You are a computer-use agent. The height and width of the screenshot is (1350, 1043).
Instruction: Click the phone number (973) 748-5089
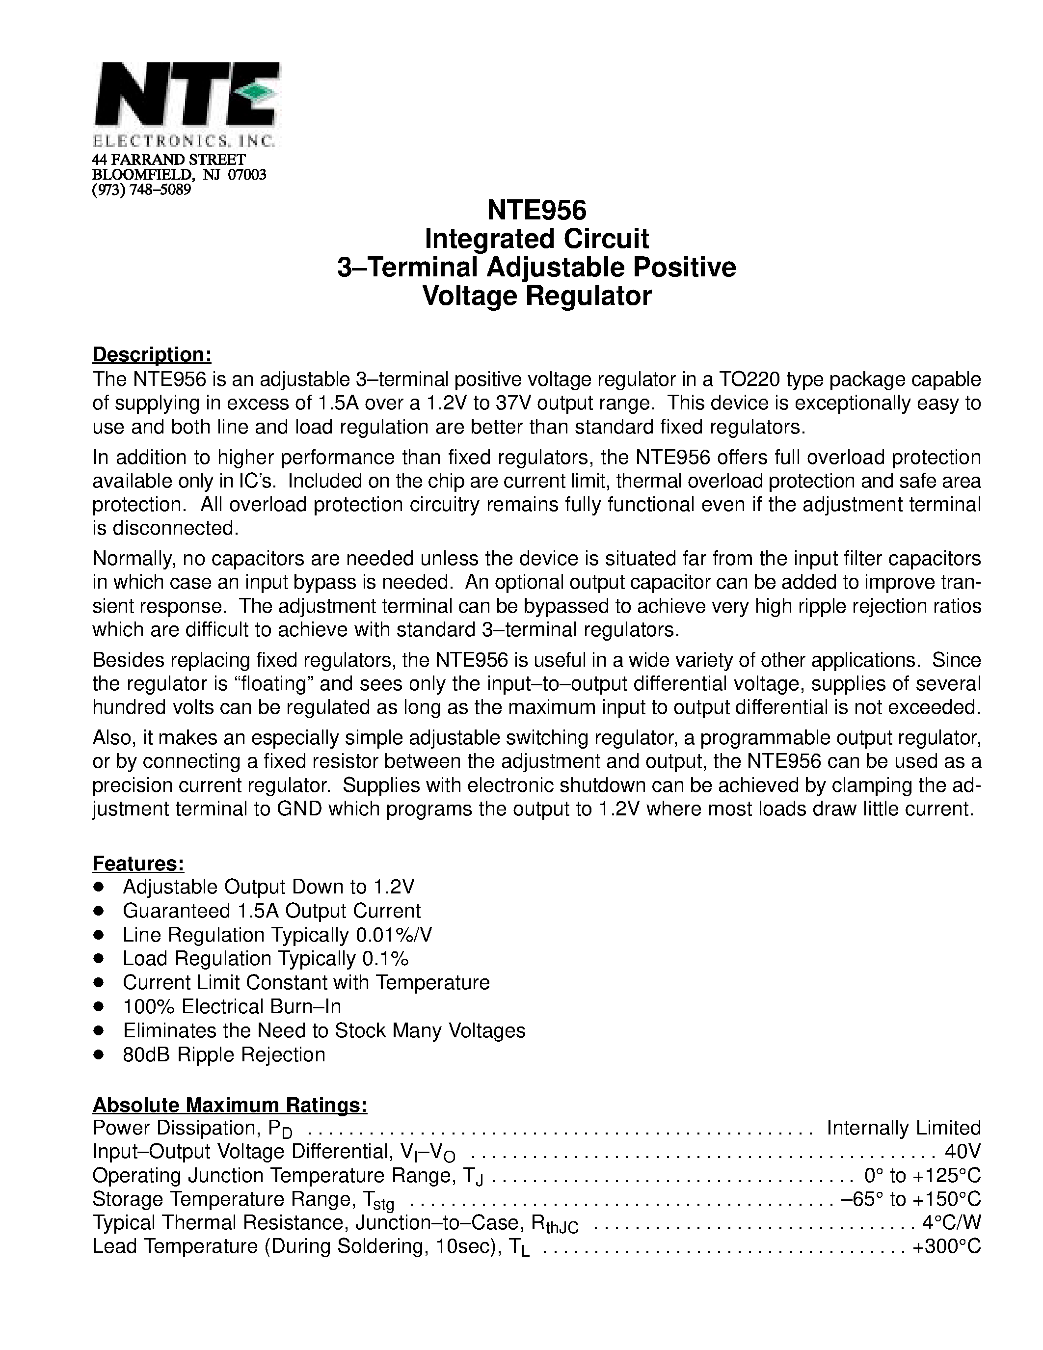(x=141, y=190)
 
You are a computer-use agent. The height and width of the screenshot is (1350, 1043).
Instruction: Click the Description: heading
(x=152, y=355)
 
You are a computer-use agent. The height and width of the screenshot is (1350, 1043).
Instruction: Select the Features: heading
(x=138, y=864)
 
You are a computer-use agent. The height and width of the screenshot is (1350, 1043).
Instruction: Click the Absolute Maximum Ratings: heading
(x=230, y=1105)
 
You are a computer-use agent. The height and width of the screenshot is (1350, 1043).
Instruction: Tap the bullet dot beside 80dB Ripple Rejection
(x=98, y=1055)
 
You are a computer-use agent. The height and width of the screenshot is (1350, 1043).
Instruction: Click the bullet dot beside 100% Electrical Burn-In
(x=98, y=1007)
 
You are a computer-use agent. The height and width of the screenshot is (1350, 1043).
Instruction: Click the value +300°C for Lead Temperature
(x=946, y=1247)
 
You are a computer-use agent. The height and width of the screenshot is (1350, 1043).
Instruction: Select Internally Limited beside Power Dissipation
(x=903, y=1128)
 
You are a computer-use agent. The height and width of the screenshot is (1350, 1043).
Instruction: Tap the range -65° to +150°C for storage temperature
(x=911, y=1199)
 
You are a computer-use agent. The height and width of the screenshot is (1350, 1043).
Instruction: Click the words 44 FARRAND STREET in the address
(x=169, y=160)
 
